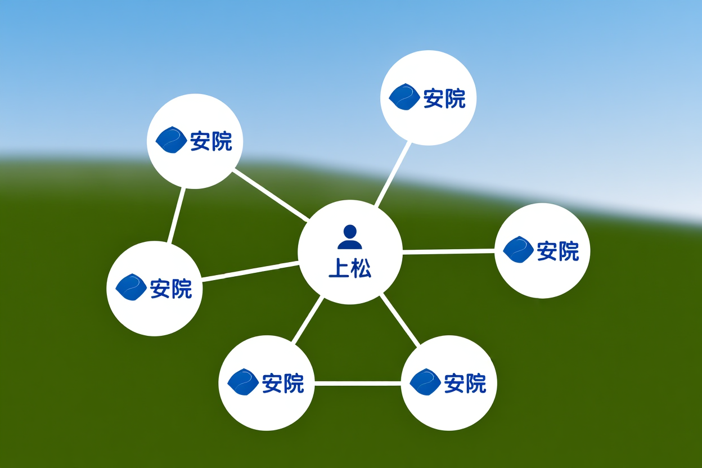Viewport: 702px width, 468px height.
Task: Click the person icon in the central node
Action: click(x=350, y=237)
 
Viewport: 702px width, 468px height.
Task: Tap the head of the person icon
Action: click(x=350, y=231)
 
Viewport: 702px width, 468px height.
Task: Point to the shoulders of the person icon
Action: click(x=350, y=244)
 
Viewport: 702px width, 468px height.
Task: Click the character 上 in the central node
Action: click(x=339, y=268)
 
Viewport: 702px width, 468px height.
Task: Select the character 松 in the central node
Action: click(x=361, y=268)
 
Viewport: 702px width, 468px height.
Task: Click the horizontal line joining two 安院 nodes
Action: click(x=358, y=384)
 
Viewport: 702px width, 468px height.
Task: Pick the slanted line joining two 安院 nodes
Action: click(x=176, y=215)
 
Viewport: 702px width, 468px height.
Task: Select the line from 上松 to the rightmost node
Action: click(x=448, y=251)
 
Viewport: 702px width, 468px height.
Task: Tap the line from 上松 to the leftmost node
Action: click(x=250, y=271)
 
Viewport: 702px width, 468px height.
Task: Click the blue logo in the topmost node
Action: click(x=404, y=97)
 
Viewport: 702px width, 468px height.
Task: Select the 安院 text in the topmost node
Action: click(x=444, y=98)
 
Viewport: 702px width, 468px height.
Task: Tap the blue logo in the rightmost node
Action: click(x=519, y=249)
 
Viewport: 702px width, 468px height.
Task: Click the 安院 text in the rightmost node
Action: click(x=558, y=251)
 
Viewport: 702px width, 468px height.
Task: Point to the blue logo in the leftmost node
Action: click(x=131, y=287)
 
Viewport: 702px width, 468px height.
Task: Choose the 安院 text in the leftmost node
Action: click(x=171, y=289)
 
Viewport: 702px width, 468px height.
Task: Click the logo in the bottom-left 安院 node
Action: click(x=243, y=382)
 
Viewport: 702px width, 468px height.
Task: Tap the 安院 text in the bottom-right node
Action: click(x=465, y=383)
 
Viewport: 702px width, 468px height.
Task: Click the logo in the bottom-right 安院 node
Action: click(x=425, y=382)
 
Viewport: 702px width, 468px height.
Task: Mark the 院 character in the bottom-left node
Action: click(x=294, y=383)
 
